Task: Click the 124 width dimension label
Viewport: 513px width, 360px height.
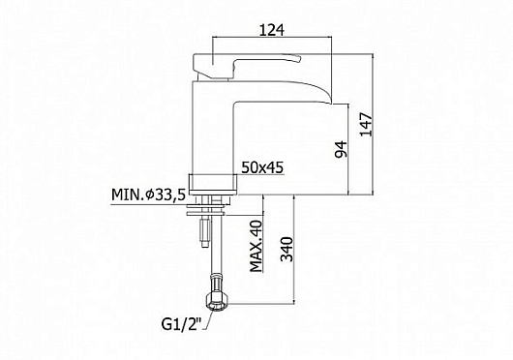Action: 272,30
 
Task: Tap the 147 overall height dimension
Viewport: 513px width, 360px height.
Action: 366,124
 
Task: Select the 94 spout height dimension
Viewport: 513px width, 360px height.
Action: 342,149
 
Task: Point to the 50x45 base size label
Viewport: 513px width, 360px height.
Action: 262,167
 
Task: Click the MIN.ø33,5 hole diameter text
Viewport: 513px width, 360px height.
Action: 148,195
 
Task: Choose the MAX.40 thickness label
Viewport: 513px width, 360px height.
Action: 256,246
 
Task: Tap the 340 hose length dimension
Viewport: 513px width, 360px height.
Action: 287,249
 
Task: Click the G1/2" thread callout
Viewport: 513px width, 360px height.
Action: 181,324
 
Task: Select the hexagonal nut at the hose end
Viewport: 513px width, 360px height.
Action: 214,302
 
